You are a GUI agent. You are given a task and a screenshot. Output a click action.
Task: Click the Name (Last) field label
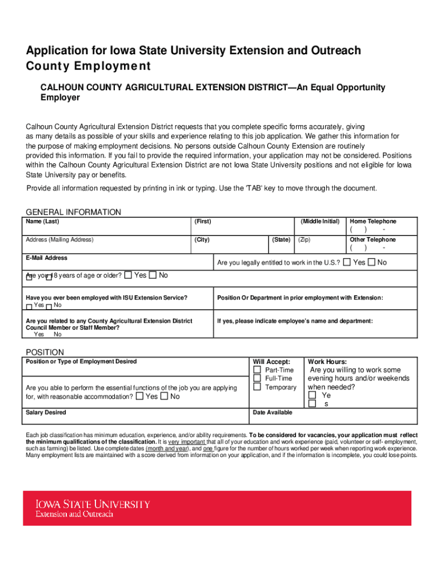42,222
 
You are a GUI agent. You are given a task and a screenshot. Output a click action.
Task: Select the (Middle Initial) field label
320,222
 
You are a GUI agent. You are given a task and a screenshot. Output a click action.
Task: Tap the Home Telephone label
373,222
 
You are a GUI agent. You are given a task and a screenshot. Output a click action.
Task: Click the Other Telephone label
373,240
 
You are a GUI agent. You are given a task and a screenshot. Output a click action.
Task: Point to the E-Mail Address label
46,258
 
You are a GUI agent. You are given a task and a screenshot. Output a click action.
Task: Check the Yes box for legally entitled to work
347,262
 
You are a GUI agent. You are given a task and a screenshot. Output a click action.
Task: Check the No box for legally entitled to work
371,262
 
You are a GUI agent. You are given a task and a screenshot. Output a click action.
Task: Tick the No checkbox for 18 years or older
153,275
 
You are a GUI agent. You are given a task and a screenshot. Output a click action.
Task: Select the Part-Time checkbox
257,370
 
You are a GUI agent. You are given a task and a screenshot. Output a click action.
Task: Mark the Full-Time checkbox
257,378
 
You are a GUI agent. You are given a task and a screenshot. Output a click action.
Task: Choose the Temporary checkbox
257,387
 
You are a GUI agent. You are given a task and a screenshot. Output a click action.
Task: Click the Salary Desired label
46,412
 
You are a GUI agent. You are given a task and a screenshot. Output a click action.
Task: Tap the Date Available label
273,412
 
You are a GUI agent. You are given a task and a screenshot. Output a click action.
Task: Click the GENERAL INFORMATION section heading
73,212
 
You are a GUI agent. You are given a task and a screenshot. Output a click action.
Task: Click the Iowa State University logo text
93,504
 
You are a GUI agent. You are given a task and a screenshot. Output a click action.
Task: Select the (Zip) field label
304,240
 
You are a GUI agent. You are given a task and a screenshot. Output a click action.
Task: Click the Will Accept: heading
271,362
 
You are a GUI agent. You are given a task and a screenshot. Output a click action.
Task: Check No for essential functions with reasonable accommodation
165,396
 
